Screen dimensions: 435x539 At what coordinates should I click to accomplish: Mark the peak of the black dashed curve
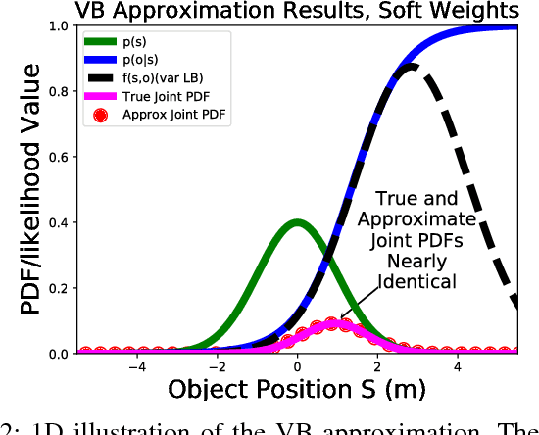point(415,67)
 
